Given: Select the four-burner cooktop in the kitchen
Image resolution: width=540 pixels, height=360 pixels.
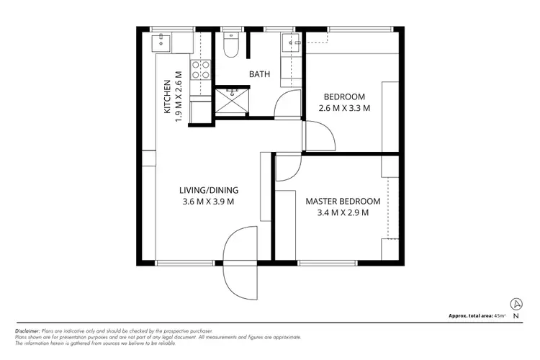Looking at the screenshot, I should pos(199,70).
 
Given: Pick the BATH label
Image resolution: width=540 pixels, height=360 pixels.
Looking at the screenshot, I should pos(261,74).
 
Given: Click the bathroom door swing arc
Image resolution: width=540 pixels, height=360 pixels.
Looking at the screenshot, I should pos(286,104).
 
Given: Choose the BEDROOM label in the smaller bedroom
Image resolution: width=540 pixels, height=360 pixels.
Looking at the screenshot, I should pos(344,96).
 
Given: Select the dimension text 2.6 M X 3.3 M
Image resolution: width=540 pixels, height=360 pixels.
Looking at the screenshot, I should pos(344,109).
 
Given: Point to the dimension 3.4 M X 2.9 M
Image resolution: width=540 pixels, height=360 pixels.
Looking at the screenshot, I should pos(337,212).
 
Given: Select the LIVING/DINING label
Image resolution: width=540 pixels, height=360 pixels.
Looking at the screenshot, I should pos(209,190).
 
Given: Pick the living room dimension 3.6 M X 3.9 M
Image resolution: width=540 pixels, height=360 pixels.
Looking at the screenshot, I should pos(209,202).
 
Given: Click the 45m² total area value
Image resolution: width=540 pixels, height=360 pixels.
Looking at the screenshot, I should pos(500,316).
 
